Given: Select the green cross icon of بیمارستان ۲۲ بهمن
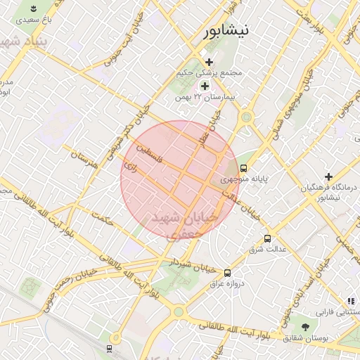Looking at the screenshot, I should (205, 86).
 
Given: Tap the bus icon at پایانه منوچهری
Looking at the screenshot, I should (243, 168).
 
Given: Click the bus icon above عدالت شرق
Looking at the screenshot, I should (266, 238).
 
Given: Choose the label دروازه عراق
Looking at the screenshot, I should (226, 283).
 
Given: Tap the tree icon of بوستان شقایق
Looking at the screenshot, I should (305, 327).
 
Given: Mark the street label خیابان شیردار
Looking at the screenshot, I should (188, 264).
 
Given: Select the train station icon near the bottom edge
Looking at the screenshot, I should (109, 348).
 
